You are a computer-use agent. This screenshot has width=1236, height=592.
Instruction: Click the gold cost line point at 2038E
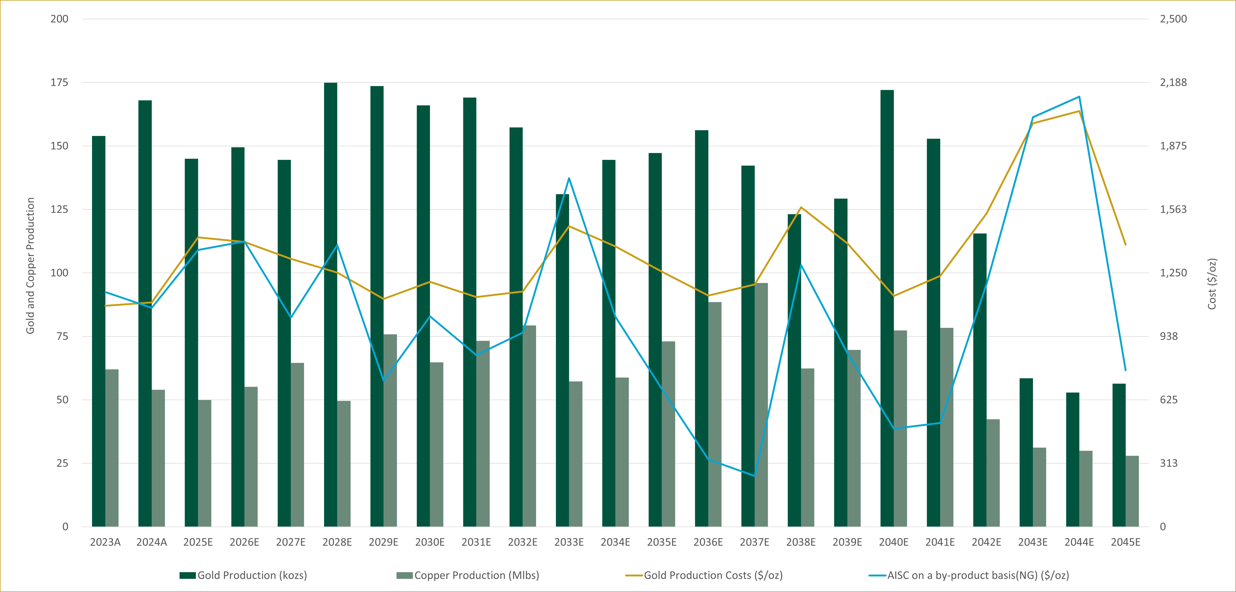click(x=801, y=207)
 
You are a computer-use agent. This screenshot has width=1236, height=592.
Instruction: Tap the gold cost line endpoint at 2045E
click(x=1125, y=245)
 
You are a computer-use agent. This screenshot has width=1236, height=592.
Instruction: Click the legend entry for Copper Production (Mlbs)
click(x=468, y=575)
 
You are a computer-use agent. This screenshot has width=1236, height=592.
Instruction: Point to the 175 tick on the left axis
click(x=60, y=83)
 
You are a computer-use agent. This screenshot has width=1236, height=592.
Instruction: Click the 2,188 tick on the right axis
click(x=1173, y=83)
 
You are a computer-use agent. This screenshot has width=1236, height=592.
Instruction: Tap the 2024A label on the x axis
click(x=152, y=542)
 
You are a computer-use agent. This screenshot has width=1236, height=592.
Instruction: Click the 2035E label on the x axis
click(x=662, y=542)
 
